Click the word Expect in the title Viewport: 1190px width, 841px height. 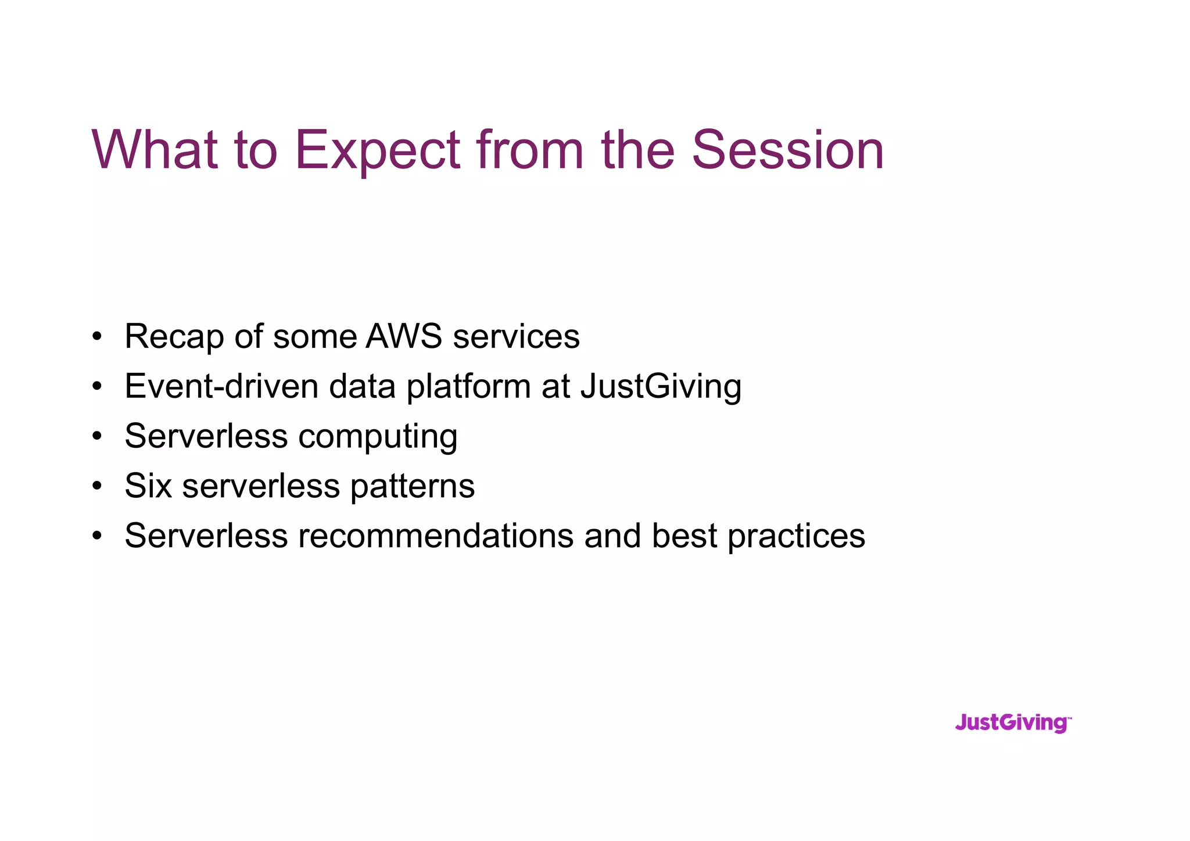[x=378, y=151]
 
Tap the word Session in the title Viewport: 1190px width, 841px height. [x=787, y=151]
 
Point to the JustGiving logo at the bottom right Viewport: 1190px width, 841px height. [x=1012, y=723]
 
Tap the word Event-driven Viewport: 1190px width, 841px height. [x=221, y=386]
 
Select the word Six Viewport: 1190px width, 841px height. [x=148, y=486]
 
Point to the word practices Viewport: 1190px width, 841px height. [x=796, y=535]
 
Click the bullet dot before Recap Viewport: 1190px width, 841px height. [x=97, y=337]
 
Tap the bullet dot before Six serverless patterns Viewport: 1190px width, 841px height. [x=97, y=486]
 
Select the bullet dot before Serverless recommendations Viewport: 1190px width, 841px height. [x=97, y=536]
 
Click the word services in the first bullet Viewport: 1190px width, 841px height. [x=516, y=336]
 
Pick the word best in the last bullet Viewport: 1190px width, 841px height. [x=684, y=535]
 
